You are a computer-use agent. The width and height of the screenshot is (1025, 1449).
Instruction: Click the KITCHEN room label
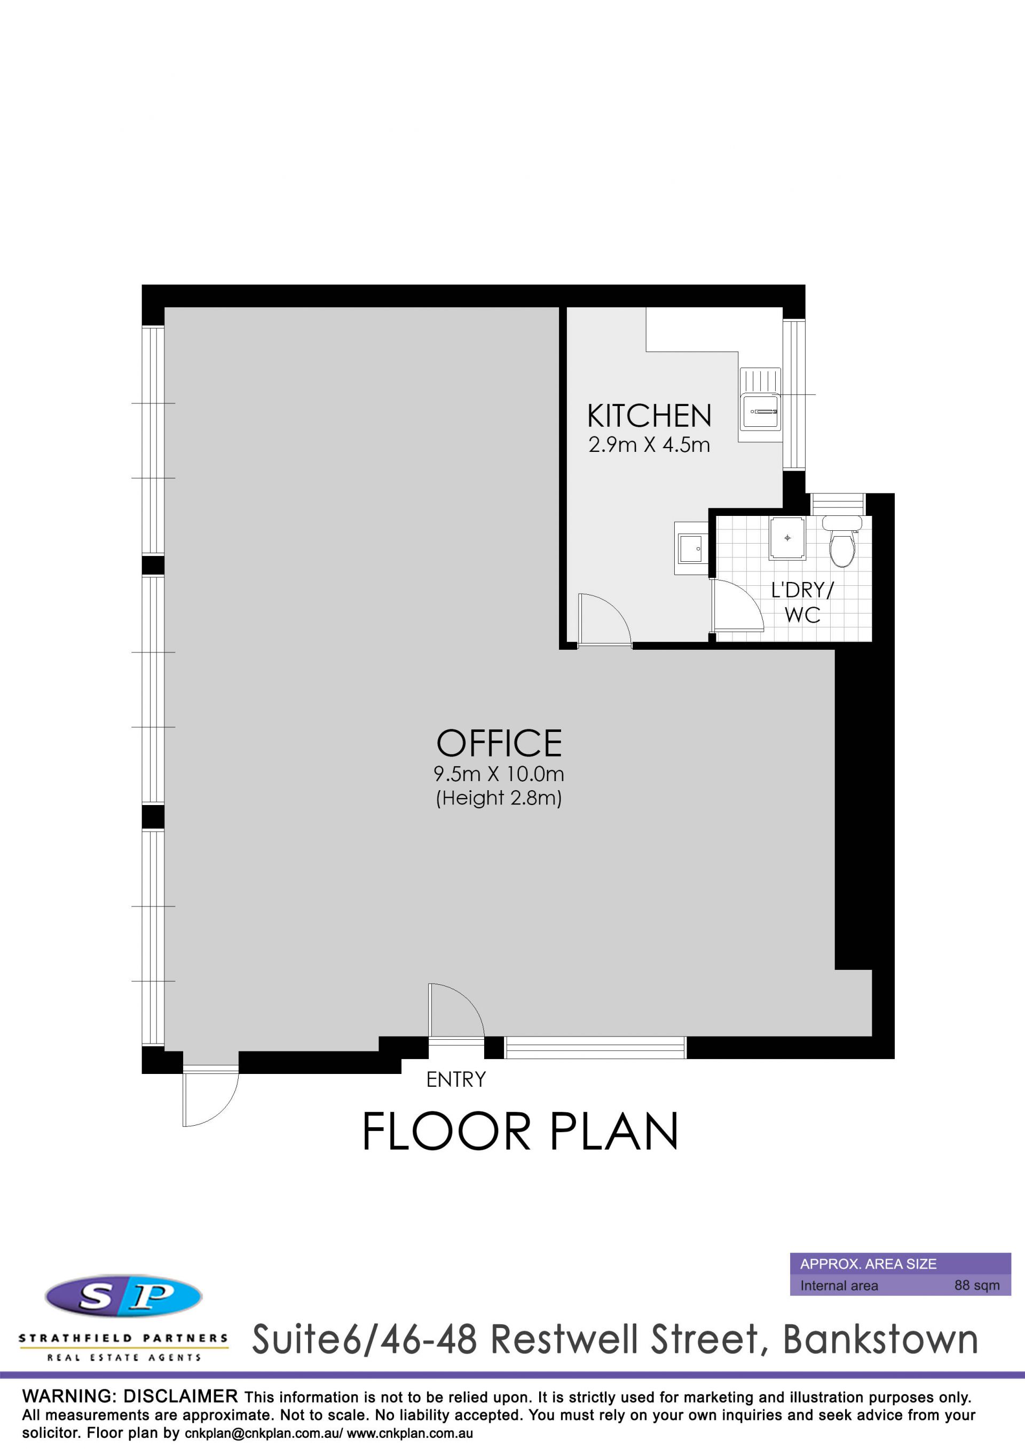pyautogui.click(x=649, y=417)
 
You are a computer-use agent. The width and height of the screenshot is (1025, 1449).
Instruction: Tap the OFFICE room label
pyautogui.click(x=499, y=743)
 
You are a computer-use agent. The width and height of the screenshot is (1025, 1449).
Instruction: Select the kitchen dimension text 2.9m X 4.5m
pyautogui.click(x=649, y=445)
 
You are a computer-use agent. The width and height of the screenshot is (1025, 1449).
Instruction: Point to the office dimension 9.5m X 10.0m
pyautogui.click(x=499, y=774)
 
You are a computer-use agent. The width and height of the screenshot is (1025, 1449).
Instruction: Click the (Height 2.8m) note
pyautogui.click(x=499, y=798)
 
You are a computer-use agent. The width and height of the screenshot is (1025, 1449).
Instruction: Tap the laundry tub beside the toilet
pyautogui.click(x=787, y=538)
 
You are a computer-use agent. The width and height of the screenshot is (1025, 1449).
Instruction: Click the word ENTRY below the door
pyautogui.click(x=456, y=1080)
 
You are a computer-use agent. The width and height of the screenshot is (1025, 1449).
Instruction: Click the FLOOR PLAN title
pyautogui.click(x=521, y=1132)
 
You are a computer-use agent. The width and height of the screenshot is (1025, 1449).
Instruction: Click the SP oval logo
pyautogui.click(x=124, y=1296)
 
